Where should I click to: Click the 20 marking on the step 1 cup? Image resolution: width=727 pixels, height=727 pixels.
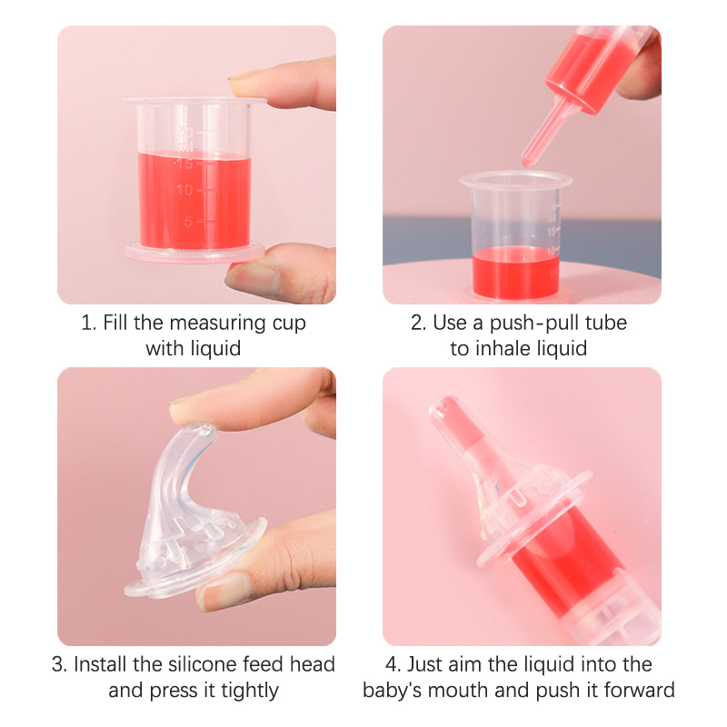pos(185,133)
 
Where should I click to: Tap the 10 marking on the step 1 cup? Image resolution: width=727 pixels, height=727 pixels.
pos(184,190)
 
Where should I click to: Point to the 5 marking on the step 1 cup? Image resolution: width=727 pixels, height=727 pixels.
pos(189,222)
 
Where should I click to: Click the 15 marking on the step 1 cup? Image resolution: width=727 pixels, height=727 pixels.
pos(184,164)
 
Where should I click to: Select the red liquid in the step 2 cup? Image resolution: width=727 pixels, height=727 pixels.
pos(515,272)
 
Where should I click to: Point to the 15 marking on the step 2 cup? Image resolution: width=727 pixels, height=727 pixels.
pos(552,231)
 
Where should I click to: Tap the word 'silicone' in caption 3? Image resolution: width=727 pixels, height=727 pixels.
pos(202,664)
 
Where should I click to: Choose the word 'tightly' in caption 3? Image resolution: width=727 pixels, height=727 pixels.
pos(249,691)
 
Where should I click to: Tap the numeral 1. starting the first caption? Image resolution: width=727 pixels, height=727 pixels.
pos(88,323)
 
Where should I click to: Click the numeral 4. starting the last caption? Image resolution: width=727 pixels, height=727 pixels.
pos(393,664)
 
